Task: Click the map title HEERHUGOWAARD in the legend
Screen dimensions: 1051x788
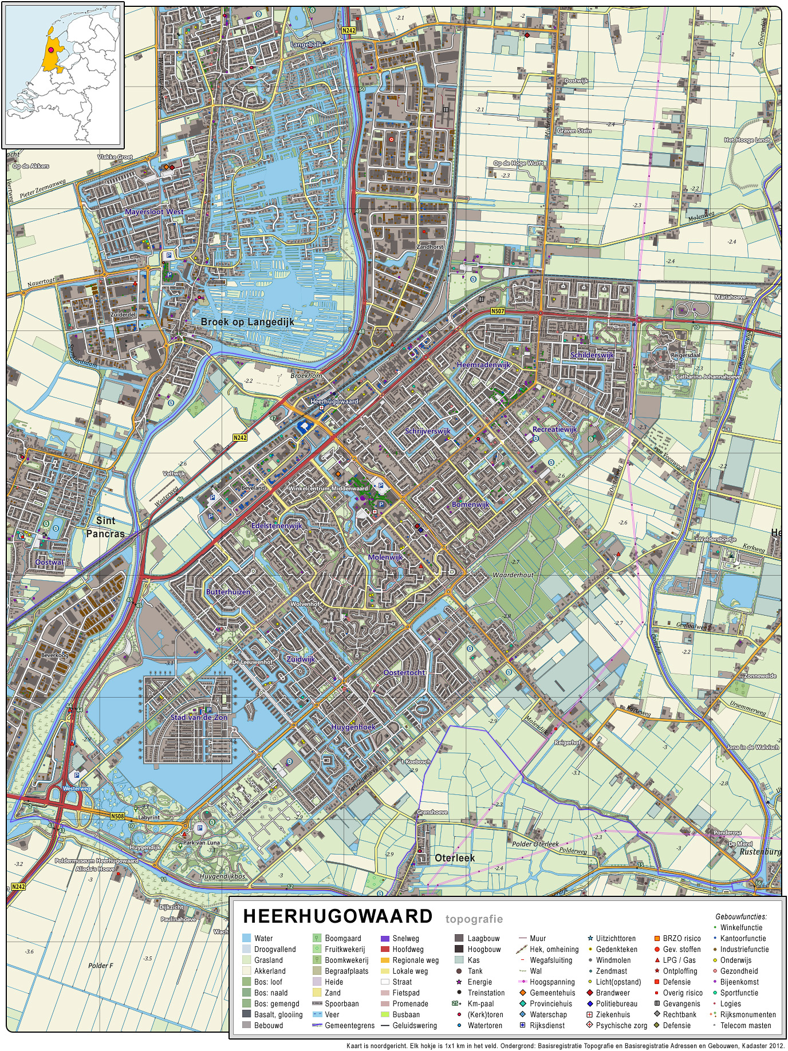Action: click(x=338, y=916)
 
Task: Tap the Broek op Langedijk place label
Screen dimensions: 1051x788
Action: click(x=247, y=322)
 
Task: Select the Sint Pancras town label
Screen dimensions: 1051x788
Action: click(x=105, y=527)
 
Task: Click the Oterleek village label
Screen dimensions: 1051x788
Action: click(x=455, y=857)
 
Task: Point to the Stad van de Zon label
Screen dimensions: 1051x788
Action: click(x=199, y=717)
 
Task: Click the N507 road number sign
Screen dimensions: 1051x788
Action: click(x=498, y=312)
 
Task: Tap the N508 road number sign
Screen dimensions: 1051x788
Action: click(x=117, y=816)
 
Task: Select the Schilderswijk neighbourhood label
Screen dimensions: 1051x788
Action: click(x=592, y=355)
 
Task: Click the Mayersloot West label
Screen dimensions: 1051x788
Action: click(x=154, y=212)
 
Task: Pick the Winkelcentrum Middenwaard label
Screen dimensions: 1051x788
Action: click(x=328, y=489)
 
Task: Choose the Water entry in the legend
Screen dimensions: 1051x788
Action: click(x=263, y=938)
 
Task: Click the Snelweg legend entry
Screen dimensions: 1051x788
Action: click(x=405, y=938)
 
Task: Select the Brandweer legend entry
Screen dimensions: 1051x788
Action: click(x=613, y=993)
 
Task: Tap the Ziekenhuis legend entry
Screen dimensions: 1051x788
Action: click(x=613, y=1014)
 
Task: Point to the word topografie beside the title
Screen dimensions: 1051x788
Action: click(x=474, y=919)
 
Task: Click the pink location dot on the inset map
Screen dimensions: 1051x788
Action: click(x=51, y=50)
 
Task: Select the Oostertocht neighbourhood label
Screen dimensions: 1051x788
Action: click(x=404, y=672)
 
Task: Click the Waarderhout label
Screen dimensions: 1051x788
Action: click(x=513, y=574)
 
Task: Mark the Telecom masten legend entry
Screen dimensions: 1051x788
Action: click(x=745, y=1025)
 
